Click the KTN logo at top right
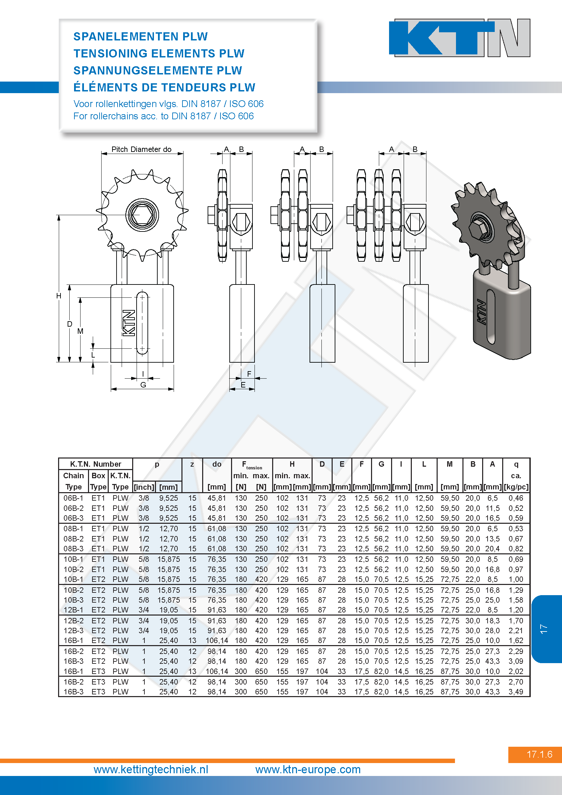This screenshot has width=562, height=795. click(460, 38)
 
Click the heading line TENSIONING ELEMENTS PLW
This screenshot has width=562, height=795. click(159, 53)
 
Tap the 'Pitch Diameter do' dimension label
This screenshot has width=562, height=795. click(141, 149)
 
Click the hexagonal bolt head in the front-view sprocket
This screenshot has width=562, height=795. click(142, 215)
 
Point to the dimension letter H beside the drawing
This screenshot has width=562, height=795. click(59, 296)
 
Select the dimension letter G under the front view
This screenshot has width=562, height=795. click(143, 385)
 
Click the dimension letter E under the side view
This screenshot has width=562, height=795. click(243, 385)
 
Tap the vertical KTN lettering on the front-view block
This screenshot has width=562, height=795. click(129, 323)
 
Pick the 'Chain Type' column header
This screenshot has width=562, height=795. click(73, 481)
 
